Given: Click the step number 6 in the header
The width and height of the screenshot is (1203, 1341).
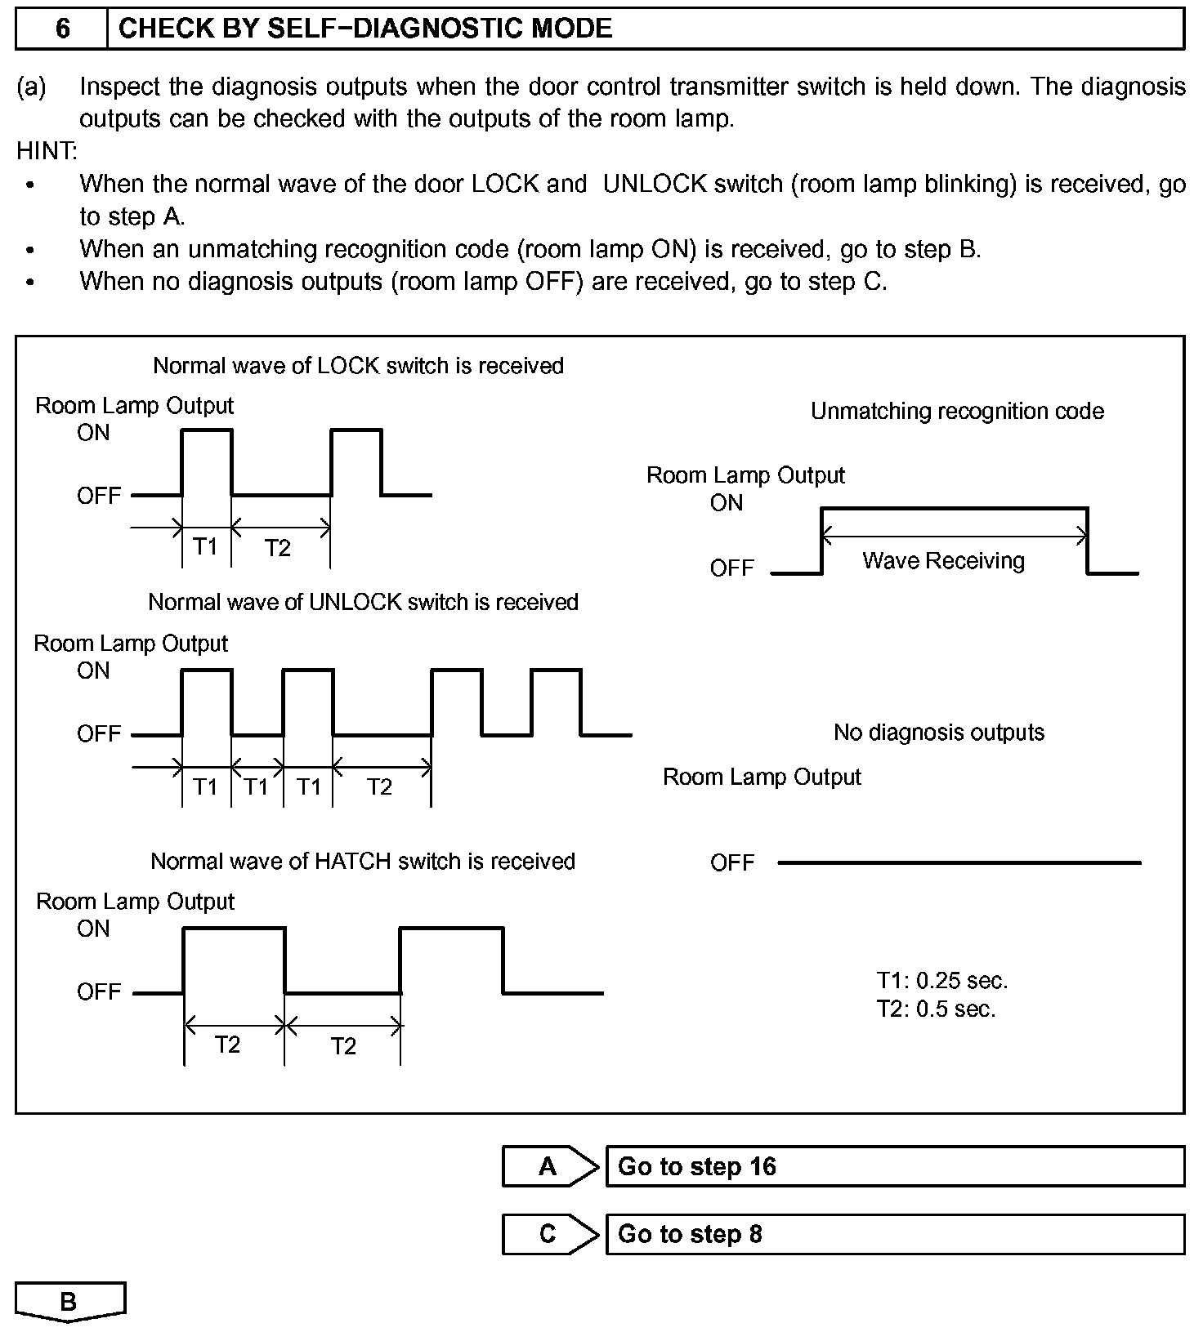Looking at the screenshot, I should coord(63,29).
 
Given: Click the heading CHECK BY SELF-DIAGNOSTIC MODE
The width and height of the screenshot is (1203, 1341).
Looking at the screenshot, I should coord(365,29).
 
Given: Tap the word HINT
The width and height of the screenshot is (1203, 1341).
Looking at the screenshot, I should coord(47,151).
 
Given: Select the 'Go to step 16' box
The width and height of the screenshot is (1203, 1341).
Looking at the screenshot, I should coord(894,1166).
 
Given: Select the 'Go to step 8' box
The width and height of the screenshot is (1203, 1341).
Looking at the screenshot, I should coord(894,1233).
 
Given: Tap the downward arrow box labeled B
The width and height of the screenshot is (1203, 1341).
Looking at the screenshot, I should coord(69,1301).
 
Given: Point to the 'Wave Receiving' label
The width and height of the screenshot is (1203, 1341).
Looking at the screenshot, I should coord(943,561).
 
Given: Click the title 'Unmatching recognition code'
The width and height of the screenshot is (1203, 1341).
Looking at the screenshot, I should coord(957,411).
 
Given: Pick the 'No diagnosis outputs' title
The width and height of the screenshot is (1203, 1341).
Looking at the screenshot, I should coord(938,732).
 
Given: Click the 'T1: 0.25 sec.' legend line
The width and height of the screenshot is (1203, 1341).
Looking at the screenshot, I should coord(941,980).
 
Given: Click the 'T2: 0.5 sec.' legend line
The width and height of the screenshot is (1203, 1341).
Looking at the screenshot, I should coord(936,1009).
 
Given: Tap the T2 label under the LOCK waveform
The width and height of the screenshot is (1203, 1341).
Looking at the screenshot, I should coord(278,548).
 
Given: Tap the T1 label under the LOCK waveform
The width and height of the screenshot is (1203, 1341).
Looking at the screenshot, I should coord(205,546).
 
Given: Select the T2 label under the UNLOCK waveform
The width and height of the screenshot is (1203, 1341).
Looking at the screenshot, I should coord(379,786).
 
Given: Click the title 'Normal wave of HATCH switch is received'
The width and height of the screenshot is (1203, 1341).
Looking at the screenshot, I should coord(363,861).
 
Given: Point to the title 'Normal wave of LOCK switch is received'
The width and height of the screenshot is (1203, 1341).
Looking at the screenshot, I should coord(358,365).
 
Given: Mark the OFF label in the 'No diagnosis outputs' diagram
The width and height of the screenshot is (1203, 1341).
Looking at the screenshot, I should coord(732,862).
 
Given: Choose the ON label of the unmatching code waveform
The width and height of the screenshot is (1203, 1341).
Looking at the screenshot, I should coord(727,503).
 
